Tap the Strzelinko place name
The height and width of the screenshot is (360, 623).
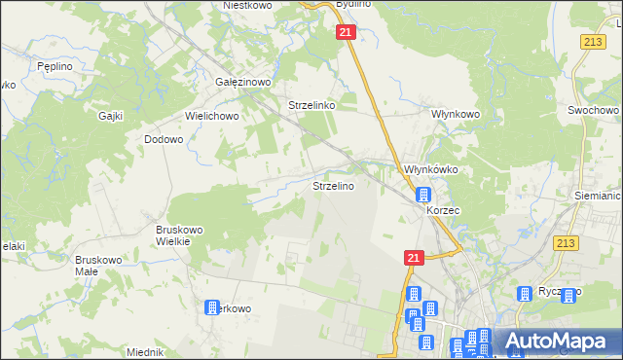(311, 105)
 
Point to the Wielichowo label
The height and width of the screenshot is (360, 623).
(212, 115)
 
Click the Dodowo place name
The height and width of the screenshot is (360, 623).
(164, 139)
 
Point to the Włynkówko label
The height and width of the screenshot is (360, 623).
(431, 169)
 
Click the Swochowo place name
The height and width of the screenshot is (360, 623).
(589, 111)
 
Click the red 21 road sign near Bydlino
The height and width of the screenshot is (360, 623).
(348, 33)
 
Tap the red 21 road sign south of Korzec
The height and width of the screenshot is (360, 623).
(414, 257)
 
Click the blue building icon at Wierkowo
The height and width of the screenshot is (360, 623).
(212, 307)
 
